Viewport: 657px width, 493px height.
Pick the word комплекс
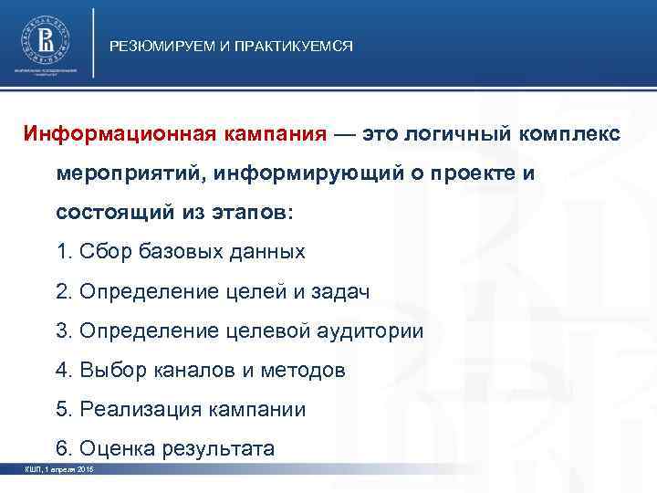pos(569,133)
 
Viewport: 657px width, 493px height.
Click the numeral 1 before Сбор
pos(60,251)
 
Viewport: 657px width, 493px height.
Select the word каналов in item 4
pos(188,370)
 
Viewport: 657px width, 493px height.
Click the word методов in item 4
pos(305,370)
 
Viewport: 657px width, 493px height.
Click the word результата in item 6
pos(218,448)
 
